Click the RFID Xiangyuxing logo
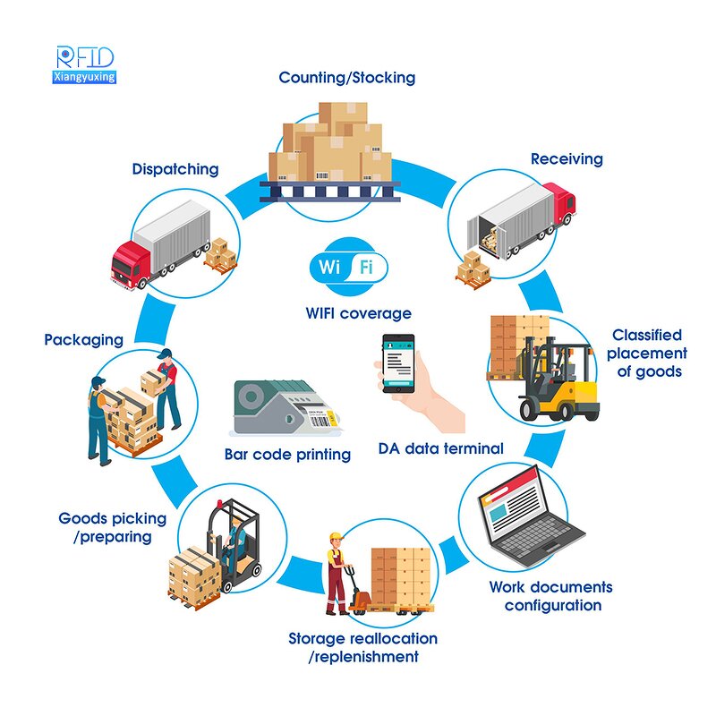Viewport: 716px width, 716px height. pyautogui.click(x=85, y=64)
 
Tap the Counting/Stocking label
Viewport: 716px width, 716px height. pyautogui.click(x=347, y=78)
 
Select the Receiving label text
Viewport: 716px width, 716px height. pyautogui.click(x=567, y=159)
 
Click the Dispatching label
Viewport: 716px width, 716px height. pyautogui.click(x=175, y=168)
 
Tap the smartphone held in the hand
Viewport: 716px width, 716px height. pyautogui.click(x=398, y=363)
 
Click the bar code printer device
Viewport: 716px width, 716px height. pyautogui.click(x=281, y=408)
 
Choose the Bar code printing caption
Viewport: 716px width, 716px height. pyautogui.click(x=287, y=455)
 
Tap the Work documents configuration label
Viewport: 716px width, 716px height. pyautogui.click(x=550, y=596)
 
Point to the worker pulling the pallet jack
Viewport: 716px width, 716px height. pyautogui.click(x=337, y=573)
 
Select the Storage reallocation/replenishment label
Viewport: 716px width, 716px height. pyautogui.click(x=363, y=647)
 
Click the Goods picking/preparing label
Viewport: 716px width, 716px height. pyautogui.click(x=113, y=527)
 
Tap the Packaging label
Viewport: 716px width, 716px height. pyautogui.click(x=84, y=339)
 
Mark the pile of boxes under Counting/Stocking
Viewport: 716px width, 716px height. pyautogui.click(x=332, y=143)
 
